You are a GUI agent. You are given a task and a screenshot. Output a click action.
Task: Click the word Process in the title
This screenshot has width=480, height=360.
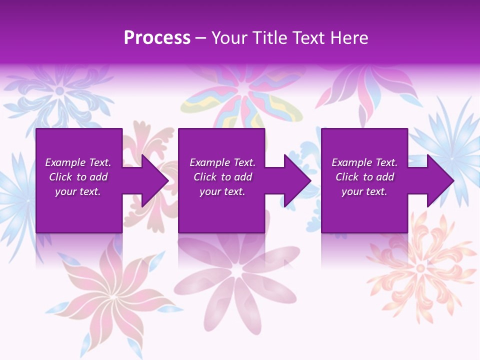point(157,38)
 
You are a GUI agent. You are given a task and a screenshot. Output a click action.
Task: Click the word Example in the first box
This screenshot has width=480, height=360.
point(65,162)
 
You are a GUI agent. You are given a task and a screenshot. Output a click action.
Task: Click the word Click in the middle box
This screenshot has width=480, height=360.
point(204,177)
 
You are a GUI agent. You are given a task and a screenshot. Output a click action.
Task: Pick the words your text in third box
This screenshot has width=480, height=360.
point(364,191)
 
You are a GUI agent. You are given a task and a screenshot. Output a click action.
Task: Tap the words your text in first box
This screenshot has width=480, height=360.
point(77,191)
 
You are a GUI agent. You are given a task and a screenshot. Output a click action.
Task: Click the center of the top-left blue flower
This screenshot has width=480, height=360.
point(60,91)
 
